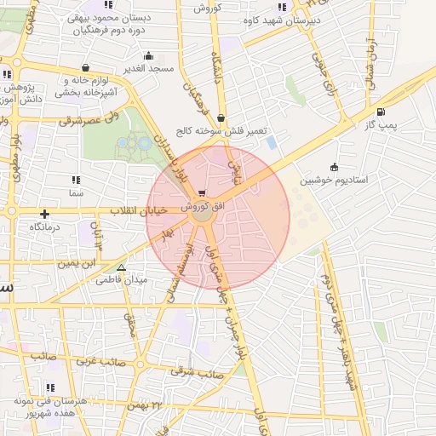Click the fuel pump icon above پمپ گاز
[x=380, y=112]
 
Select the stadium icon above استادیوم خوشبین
[x=334, y=167]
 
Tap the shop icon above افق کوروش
[x=201, y=192]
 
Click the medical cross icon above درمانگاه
[x=44, y=215]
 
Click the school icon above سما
[x=76, y=180]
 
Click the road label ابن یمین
[x=76, y=263]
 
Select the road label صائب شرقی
[x=196, y=371]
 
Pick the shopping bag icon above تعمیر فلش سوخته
[x=221, y=118]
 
